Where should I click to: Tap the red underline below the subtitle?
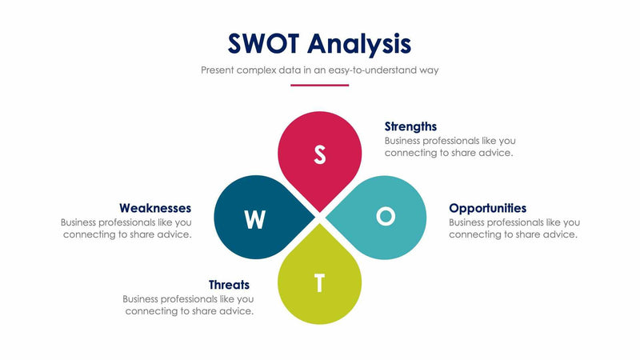320,84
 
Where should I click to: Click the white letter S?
320,154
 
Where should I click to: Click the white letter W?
254,219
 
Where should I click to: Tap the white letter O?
386,216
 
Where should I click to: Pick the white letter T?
320,283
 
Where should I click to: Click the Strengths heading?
410,126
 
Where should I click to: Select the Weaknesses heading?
155,208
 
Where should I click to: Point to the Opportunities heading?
487,208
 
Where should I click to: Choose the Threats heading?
229,285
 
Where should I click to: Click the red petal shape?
320,148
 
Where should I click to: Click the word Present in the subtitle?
218,70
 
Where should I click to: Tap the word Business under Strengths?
405,140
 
